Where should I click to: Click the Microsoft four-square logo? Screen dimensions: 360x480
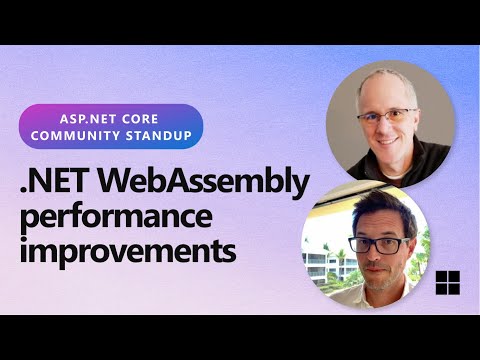pos(446,282)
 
